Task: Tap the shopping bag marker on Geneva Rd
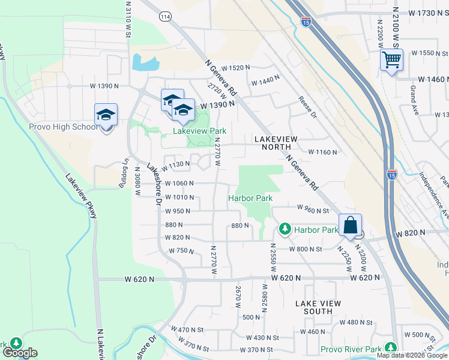point(350,226)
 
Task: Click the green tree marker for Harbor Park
point(285,229)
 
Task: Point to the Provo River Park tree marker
point(391,347)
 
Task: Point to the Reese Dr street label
point(306,108)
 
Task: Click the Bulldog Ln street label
point(125,171)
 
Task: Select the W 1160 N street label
point(323,152)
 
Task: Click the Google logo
point(20,353)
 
